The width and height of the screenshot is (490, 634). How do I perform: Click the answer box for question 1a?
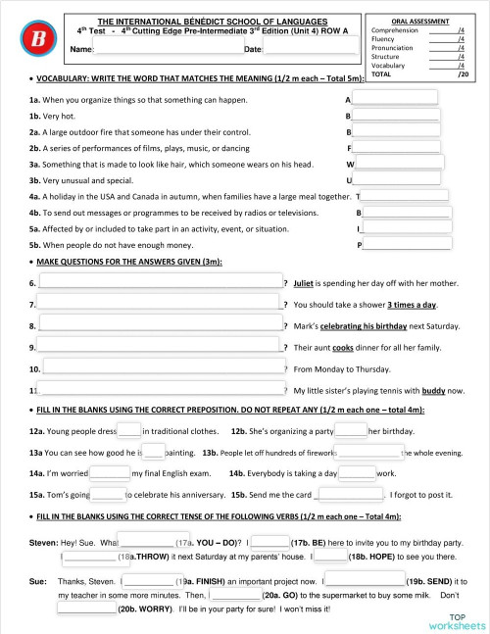394,98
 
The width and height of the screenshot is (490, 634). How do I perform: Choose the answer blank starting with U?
394,180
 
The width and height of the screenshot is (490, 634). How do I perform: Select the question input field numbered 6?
160,283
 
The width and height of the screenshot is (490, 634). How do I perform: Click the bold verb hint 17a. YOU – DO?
209,542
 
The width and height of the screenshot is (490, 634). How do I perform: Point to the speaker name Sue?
38,580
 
